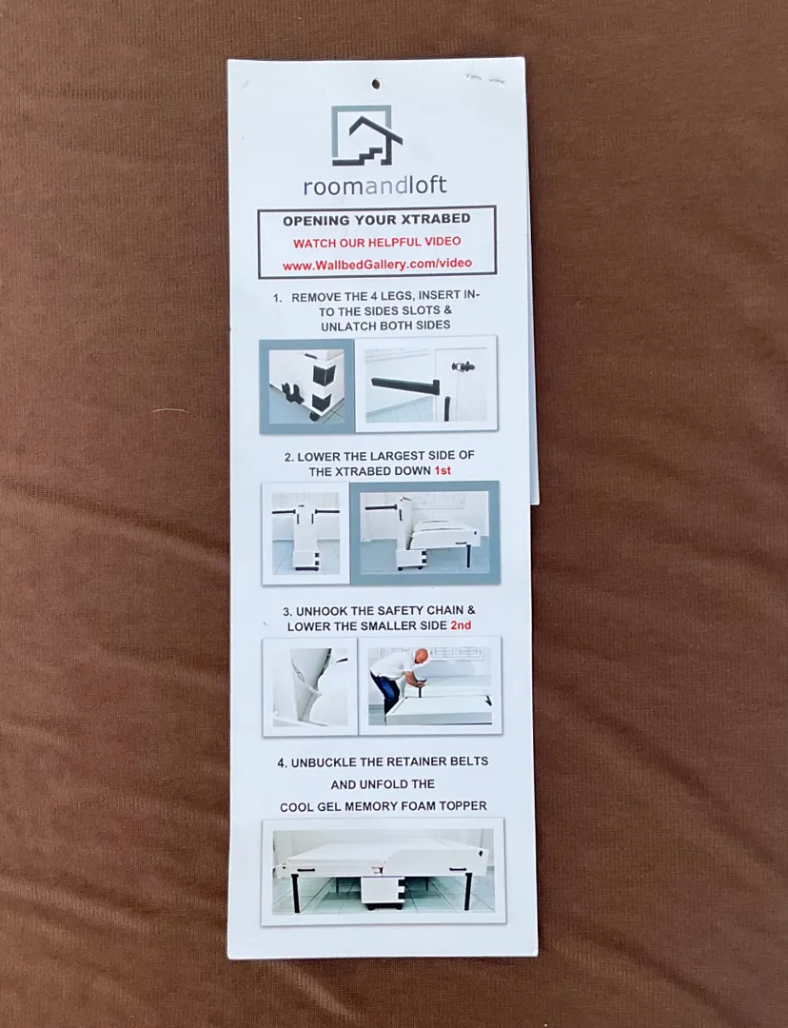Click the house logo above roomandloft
point(366,136)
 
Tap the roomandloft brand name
point(375,186)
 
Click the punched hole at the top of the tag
point(376,84)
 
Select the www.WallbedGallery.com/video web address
point(377,265)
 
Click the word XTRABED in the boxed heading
point(440,219)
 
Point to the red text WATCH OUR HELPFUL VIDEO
point(377,242)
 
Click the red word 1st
point(443,471)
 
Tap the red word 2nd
point(461,625)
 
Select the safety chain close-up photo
point(310,686)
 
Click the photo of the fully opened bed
point(383,871)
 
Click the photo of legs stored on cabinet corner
point(306,386)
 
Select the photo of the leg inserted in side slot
point(426,385)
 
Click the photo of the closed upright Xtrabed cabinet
point(305,533)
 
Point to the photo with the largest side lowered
point(424,532)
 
